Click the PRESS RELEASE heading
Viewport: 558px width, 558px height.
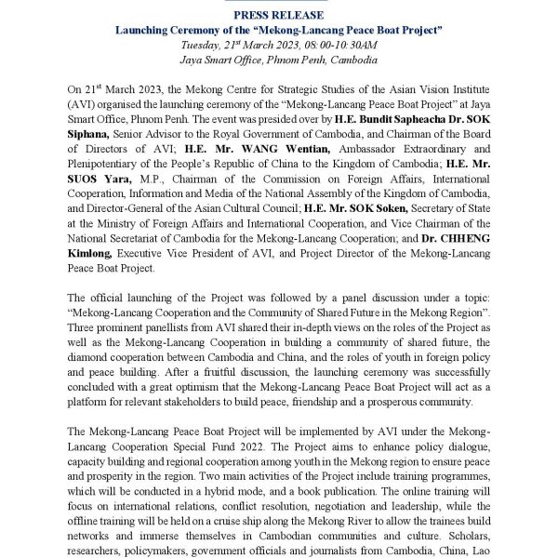pyautogui.click(x=279, y=15)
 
